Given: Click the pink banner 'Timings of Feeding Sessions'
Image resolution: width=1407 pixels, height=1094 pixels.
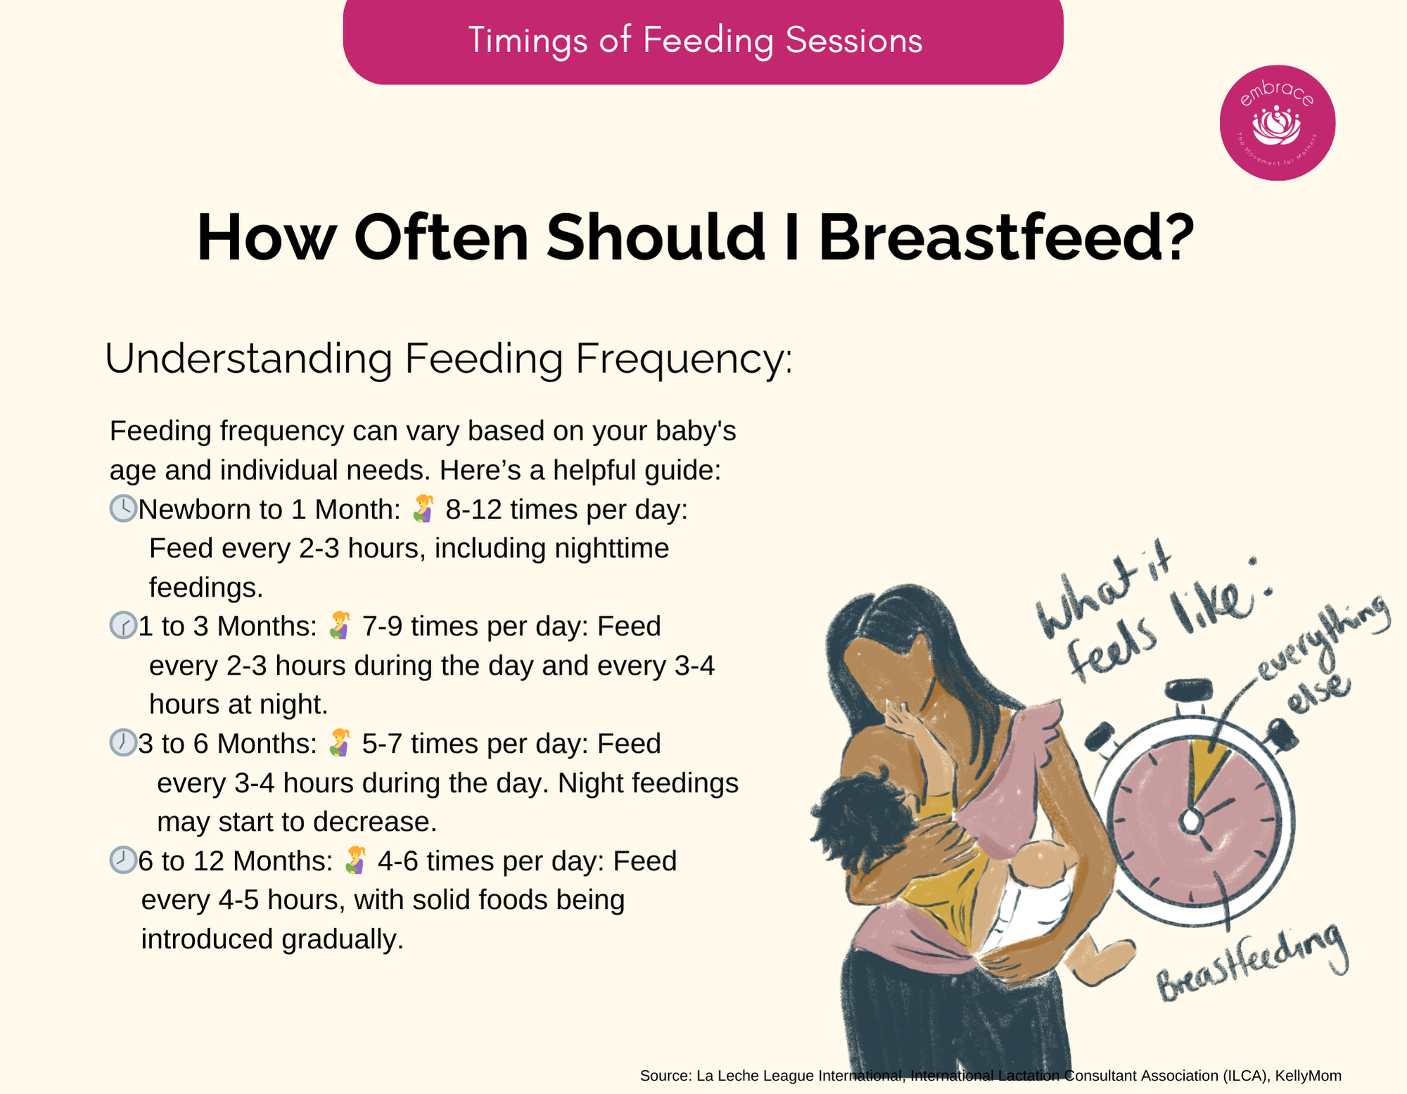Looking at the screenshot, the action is click(703, 41).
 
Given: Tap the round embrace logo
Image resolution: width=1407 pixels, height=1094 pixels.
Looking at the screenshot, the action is click(1278, 123).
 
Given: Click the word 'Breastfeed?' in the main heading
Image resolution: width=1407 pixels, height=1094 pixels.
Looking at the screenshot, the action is click(1007, 237).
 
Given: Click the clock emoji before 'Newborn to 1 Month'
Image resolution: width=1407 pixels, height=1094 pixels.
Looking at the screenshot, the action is click(123, 509).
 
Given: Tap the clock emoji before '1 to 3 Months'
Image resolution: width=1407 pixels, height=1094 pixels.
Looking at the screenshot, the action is click(123, 625).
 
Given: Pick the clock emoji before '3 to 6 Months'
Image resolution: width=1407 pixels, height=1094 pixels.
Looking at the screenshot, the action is click(123, 743).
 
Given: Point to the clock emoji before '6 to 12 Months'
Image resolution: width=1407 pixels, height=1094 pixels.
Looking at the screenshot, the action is click(123, 860).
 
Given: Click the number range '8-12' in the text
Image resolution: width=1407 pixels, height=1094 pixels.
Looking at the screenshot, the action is click(474, 509).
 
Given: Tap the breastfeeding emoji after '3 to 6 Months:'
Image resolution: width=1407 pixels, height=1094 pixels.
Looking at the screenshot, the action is click(340, 743).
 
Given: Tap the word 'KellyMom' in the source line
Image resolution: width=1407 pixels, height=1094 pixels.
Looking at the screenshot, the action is click(1308, 1076).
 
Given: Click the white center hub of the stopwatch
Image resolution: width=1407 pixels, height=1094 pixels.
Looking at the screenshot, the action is click(1191, 820).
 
